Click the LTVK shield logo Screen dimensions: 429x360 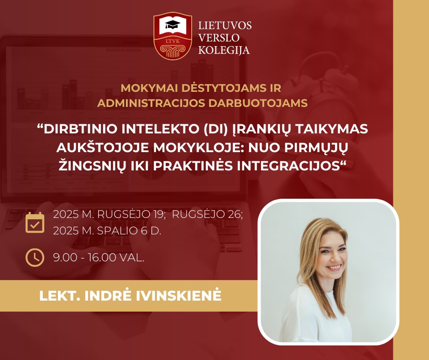(x=173, y=36)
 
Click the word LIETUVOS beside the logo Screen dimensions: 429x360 (x=225, y=26)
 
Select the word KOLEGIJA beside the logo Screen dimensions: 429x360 (x=224, y=50)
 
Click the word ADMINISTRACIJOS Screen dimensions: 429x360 (x=151, y=103)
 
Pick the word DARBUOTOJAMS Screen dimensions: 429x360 (x=258, y=103)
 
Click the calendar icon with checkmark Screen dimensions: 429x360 (x=35, y=222)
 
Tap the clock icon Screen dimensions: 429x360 (x=35, y=258)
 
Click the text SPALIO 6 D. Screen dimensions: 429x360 (x=129, y=231)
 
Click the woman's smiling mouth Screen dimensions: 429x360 (x=334, y=267)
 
